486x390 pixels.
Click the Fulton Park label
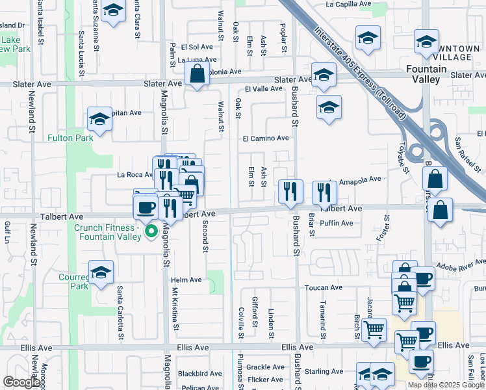point(70,138)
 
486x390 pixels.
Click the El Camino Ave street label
point(265,138)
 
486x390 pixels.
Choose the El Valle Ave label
point(262,89)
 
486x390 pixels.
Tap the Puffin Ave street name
point(337,224)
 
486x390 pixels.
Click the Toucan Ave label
point(326,287)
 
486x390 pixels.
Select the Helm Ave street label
point(186,280)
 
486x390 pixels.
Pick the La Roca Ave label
point(134,175)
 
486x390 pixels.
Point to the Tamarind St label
point(323,318)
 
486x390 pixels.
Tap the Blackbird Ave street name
point(199,374)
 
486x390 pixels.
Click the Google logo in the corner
point(21,382)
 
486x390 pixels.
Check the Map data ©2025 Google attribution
point(446,385)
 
